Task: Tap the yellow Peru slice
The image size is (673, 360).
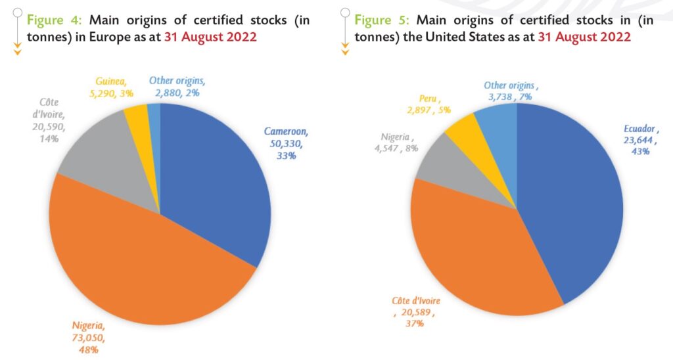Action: (x=463, y=131)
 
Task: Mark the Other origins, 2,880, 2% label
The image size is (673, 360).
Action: (x=177, y=86)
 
